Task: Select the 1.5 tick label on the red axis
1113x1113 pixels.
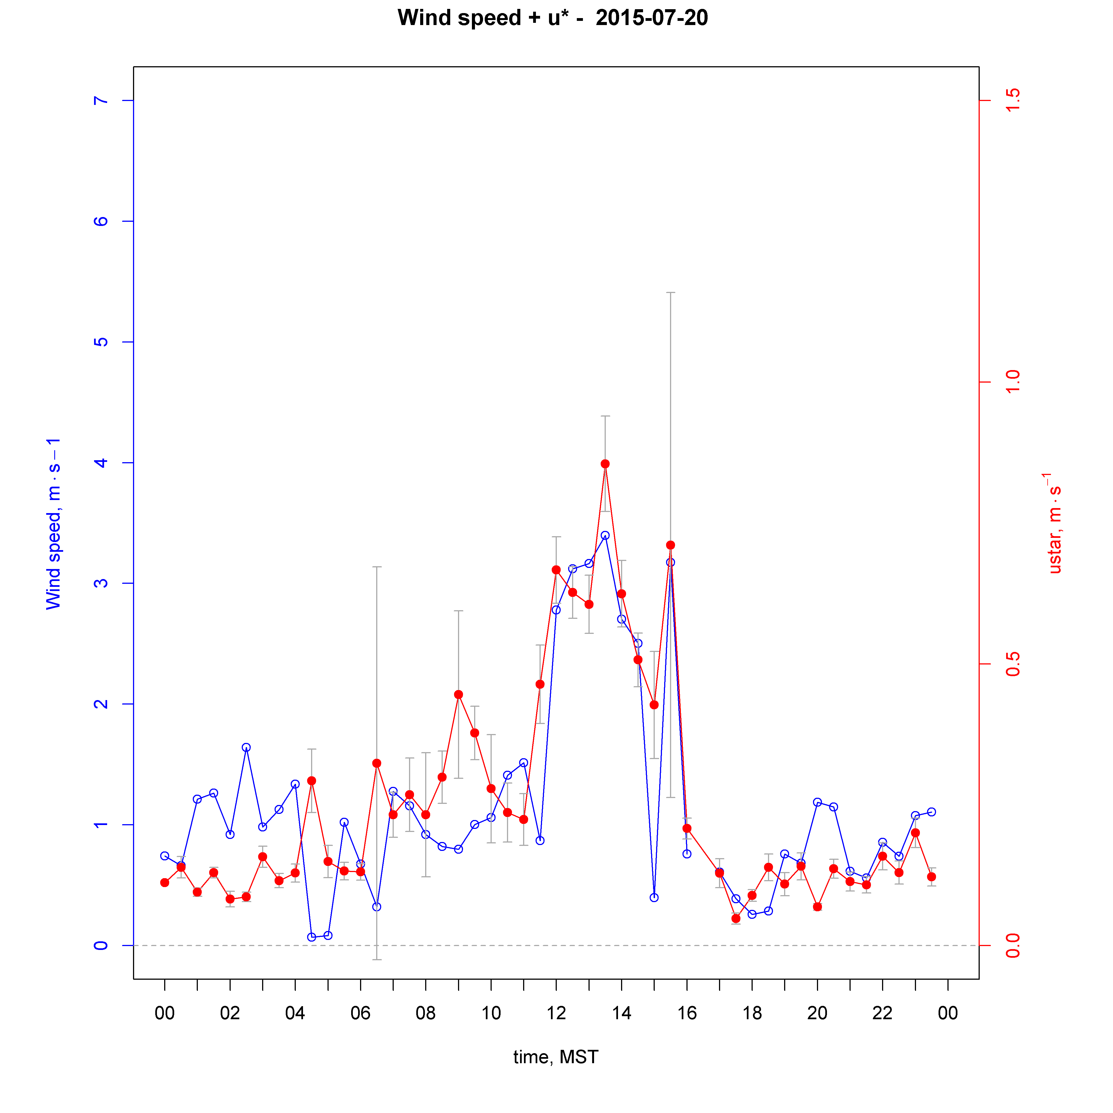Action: [1012, 101]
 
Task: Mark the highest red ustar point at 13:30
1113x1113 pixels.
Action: [605, 464]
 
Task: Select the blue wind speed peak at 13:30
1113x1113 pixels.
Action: [605, 535]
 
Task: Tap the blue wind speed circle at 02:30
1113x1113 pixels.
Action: [246, 747]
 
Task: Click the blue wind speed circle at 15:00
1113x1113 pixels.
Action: [654, 898]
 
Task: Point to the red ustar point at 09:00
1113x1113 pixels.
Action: [459, 694]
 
